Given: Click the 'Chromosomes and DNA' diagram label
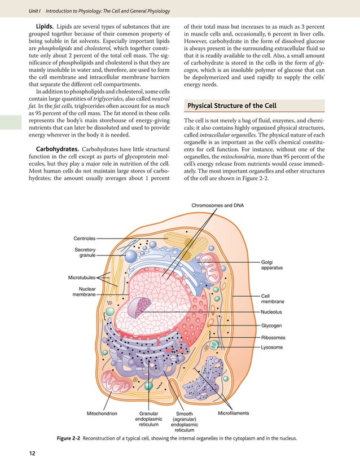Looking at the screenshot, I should [217, 205].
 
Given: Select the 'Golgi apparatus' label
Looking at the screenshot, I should [272, 265].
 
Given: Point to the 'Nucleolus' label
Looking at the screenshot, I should [271, 311].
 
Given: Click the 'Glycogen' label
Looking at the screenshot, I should [271, 325].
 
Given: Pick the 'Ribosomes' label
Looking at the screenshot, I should [273, 338].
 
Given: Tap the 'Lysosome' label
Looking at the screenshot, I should [272, 347].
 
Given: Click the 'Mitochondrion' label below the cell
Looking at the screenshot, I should [102, 413].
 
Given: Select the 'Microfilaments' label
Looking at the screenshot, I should [233, 413].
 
